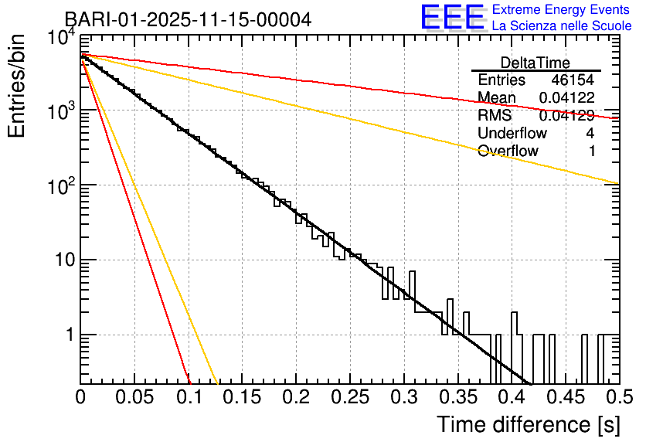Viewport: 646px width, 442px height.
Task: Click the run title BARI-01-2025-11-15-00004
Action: tap(188, 19)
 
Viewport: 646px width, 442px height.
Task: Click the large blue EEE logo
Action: tap(452, 18)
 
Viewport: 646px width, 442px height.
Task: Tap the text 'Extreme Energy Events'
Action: tap(561, 10)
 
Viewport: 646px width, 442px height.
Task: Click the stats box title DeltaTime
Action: tap(535, 63)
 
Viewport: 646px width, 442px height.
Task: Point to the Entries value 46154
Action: tap(572, 80)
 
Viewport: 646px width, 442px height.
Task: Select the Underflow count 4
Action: tap(590, 133)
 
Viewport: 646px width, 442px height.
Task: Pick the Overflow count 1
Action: tap(591, 151)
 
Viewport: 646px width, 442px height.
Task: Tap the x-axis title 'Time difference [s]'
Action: tap(527, 424)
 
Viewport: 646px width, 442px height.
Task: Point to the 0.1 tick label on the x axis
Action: tap(189, 397)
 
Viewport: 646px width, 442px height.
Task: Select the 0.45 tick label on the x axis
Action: tap(565, 397)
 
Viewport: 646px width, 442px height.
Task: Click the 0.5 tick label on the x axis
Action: tap(618, 397)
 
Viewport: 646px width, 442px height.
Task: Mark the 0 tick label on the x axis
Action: tap(81, 397)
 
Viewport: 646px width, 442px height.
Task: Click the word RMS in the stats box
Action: tap(495, 116)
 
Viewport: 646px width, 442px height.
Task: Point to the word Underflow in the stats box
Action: tap(512, 133)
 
